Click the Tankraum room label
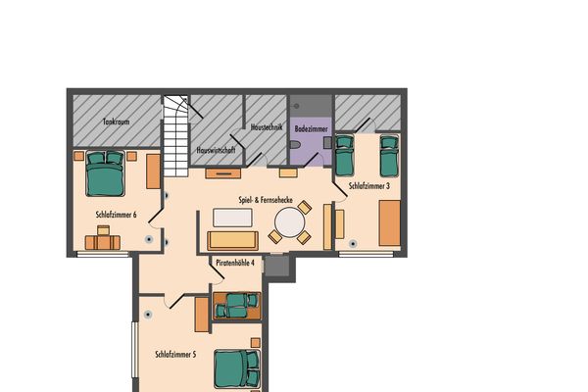click(117, 122)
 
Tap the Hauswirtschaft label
click(216, 150)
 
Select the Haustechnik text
click(267, 126)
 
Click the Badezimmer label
click(312, 128)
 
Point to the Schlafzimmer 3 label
click(369, 185)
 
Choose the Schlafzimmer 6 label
click(116, 215)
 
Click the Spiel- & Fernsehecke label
click(266, 200)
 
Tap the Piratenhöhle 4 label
click(235, 263)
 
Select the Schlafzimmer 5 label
click(175, 354)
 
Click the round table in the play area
click(289, 222)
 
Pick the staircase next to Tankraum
click(175, 136)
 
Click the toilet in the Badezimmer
click(296, 144)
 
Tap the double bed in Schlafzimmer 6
click(105, 173)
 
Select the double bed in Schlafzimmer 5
click(237, 368)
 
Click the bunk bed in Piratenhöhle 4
click(236, 306)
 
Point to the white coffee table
click(232, 218)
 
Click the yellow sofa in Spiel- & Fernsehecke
click(233, 241)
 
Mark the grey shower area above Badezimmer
click(312, 106)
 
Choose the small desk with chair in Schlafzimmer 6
click(103, 238)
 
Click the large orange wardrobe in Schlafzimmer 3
click(389, 222)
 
